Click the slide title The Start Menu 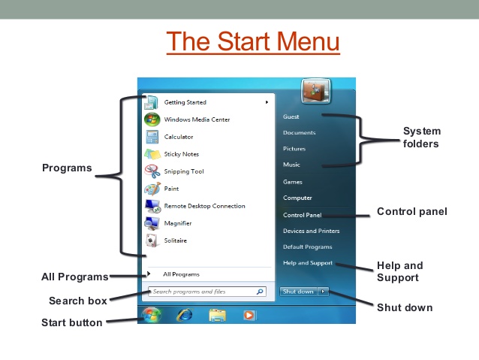tap(253, 41)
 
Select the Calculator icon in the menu tap(152, 137)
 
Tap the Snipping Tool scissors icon tap(152, 171)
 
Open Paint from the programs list tap(171, 189)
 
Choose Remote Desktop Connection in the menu tap(204, 206)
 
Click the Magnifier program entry tap(178, 223)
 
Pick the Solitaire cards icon tap(152, 241)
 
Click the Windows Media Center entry tap(197, 119)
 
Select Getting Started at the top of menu tap(185, 102)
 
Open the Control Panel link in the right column tap(302, 215)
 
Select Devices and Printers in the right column tap(311, 231)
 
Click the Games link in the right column tap(292, 182)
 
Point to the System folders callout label tap(421, 137)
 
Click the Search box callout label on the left tap(77, 301)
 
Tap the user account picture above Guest tap(311, 92)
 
